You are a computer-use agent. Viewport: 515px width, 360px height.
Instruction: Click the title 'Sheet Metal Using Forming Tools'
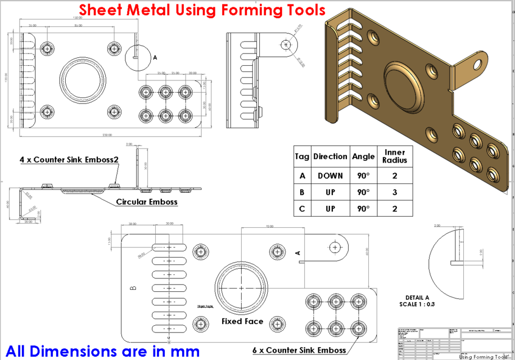202,10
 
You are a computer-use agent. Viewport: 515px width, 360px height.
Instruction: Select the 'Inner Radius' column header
395,156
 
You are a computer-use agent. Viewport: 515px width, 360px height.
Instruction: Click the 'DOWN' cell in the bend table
330,175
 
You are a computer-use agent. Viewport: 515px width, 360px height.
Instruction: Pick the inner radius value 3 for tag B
395,192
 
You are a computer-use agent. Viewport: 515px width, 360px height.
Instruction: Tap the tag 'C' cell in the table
302,208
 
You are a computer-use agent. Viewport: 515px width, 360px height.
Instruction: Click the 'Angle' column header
363,156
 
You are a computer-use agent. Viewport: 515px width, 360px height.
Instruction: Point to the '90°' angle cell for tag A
363,175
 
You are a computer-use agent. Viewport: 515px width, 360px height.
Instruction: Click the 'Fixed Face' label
242,321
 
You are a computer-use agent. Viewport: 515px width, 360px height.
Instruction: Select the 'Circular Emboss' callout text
147,201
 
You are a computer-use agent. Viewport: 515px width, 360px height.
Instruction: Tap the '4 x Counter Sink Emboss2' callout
69,160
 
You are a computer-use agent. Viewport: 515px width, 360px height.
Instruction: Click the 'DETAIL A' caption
417,298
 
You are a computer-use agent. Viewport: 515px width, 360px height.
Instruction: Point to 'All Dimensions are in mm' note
101,351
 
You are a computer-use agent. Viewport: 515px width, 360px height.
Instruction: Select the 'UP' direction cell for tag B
330,192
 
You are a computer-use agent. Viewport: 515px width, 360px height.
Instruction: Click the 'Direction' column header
330,156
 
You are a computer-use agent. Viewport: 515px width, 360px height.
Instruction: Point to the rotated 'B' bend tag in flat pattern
133,288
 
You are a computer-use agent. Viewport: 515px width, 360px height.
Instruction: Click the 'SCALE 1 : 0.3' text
417,304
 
